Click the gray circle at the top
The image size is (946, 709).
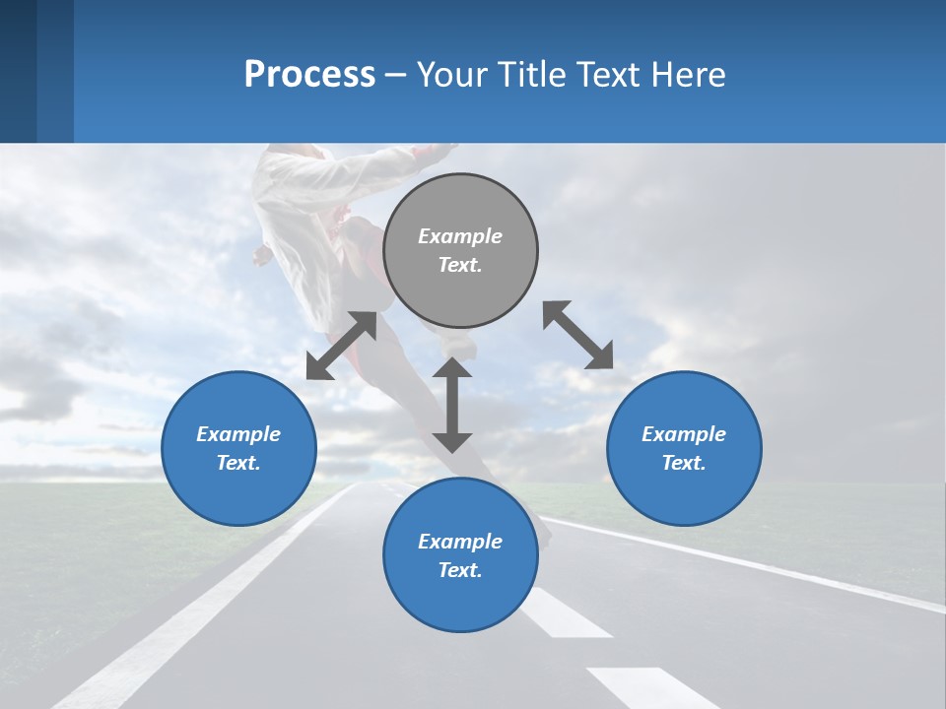(460, 251)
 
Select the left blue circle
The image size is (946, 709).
(238, 448)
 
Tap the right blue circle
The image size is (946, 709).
(684, 448)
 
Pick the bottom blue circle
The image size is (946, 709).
(460, 555)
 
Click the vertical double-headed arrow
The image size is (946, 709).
(452, 405)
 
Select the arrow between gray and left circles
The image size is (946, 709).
(341, 346)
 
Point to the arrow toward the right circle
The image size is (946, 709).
(578, 335)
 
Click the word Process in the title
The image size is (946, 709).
(309, 74)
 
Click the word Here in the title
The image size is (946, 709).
(689, 74)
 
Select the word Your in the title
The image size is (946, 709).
(450, 74)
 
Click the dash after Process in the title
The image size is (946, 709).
(396, 75)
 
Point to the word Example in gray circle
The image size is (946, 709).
(460, 236)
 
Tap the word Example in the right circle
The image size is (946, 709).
(684, 434)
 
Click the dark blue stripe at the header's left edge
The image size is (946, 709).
(18, 71)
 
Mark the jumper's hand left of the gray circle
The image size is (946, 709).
(262, 256)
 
